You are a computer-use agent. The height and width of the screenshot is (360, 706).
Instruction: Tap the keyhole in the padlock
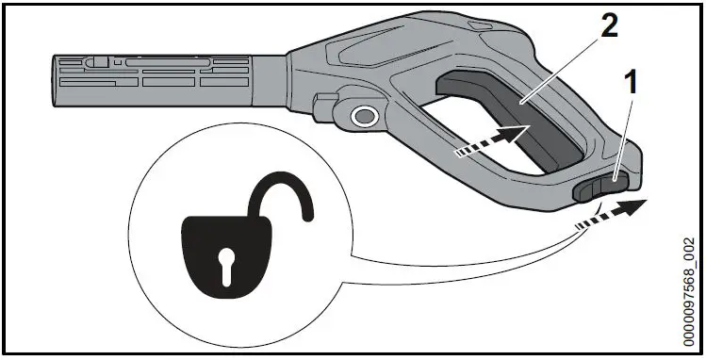(x=226, y=268)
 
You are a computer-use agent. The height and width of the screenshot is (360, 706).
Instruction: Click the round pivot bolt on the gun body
(x=362, y=116)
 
